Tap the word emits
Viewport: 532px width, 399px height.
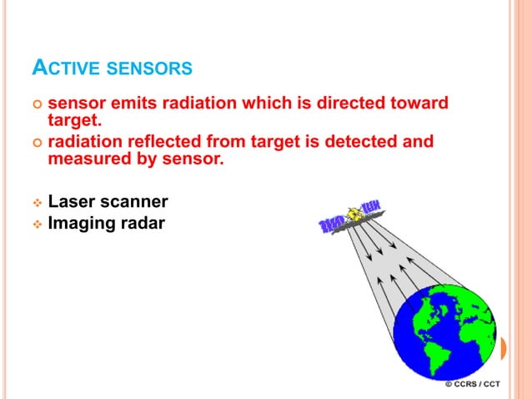(x=131, y=104)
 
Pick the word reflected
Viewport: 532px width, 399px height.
(x=160, y=142)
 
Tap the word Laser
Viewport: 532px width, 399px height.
(x=73, y=202)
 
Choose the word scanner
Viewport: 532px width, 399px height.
(x=135, y=202)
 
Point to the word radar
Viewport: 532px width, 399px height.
(x=143, y=223)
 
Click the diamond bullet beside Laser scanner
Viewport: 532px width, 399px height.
(x=36, y=203)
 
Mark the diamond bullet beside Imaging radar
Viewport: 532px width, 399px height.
(x=36, y=224)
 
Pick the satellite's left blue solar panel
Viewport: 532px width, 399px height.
(x=333, y=225)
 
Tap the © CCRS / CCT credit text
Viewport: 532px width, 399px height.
(x=473, y=384)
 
